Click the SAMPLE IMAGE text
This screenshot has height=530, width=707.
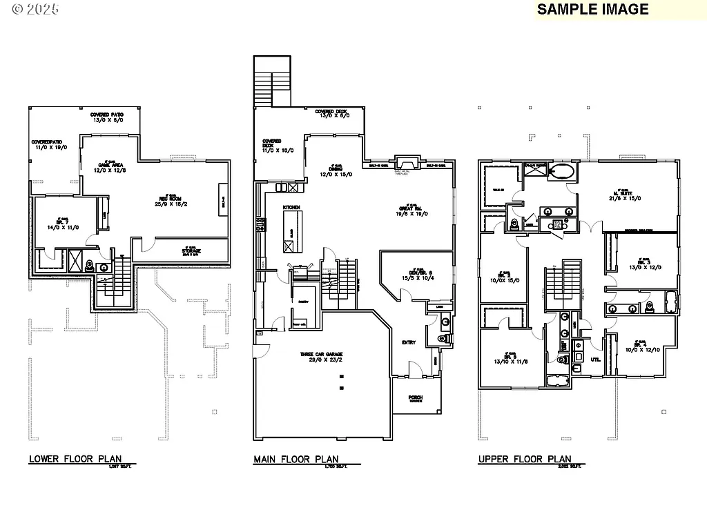point(593,9)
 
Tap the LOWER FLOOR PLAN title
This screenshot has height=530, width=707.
point(75,459)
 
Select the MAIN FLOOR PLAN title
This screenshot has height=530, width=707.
point(296,459)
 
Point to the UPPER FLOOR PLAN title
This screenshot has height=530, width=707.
point(525,459)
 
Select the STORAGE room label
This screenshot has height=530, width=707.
point(191,251)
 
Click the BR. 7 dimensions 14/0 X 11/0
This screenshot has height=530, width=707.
point(64,226)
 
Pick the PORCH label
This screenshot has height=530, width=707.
point(415,398)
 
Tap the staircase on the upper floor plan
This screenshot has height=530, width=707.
point(562,284)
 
